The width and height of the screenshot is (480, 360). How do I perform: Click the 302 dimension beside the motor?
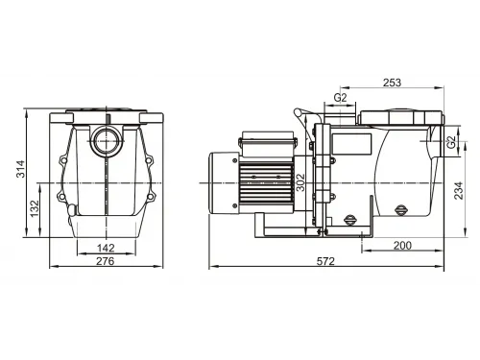pos(300,181)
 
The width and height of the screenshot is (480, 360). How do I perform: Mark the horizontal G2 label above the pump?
pos(341,97)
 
